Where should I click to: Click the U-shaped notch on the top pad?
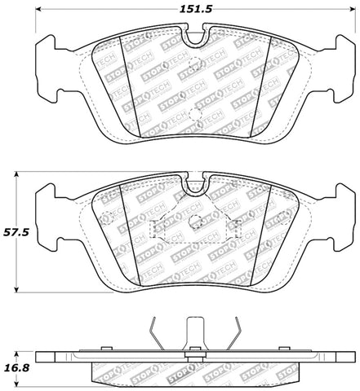pos(195,35)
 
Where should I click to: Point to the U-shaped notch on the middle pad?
pos(195,186)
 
